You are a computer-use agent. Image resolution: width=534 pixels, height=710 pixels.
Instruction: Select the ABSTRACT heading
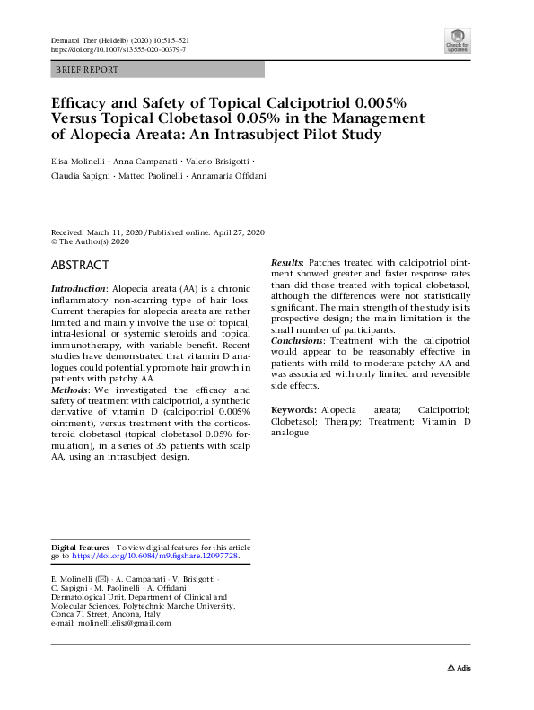coord(80,266)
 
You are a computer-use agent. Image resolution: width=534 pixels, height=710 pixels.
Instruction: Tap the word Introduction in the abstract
coord(79,286)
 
